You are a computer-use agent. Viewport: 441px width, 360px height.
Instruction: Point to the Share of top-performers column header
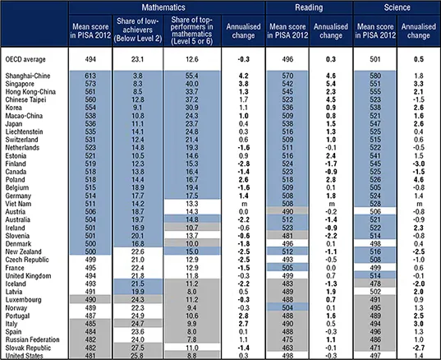click(194, 32)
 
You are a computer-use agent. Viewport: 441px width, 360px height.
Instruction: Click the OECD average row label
click(27, 59)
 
